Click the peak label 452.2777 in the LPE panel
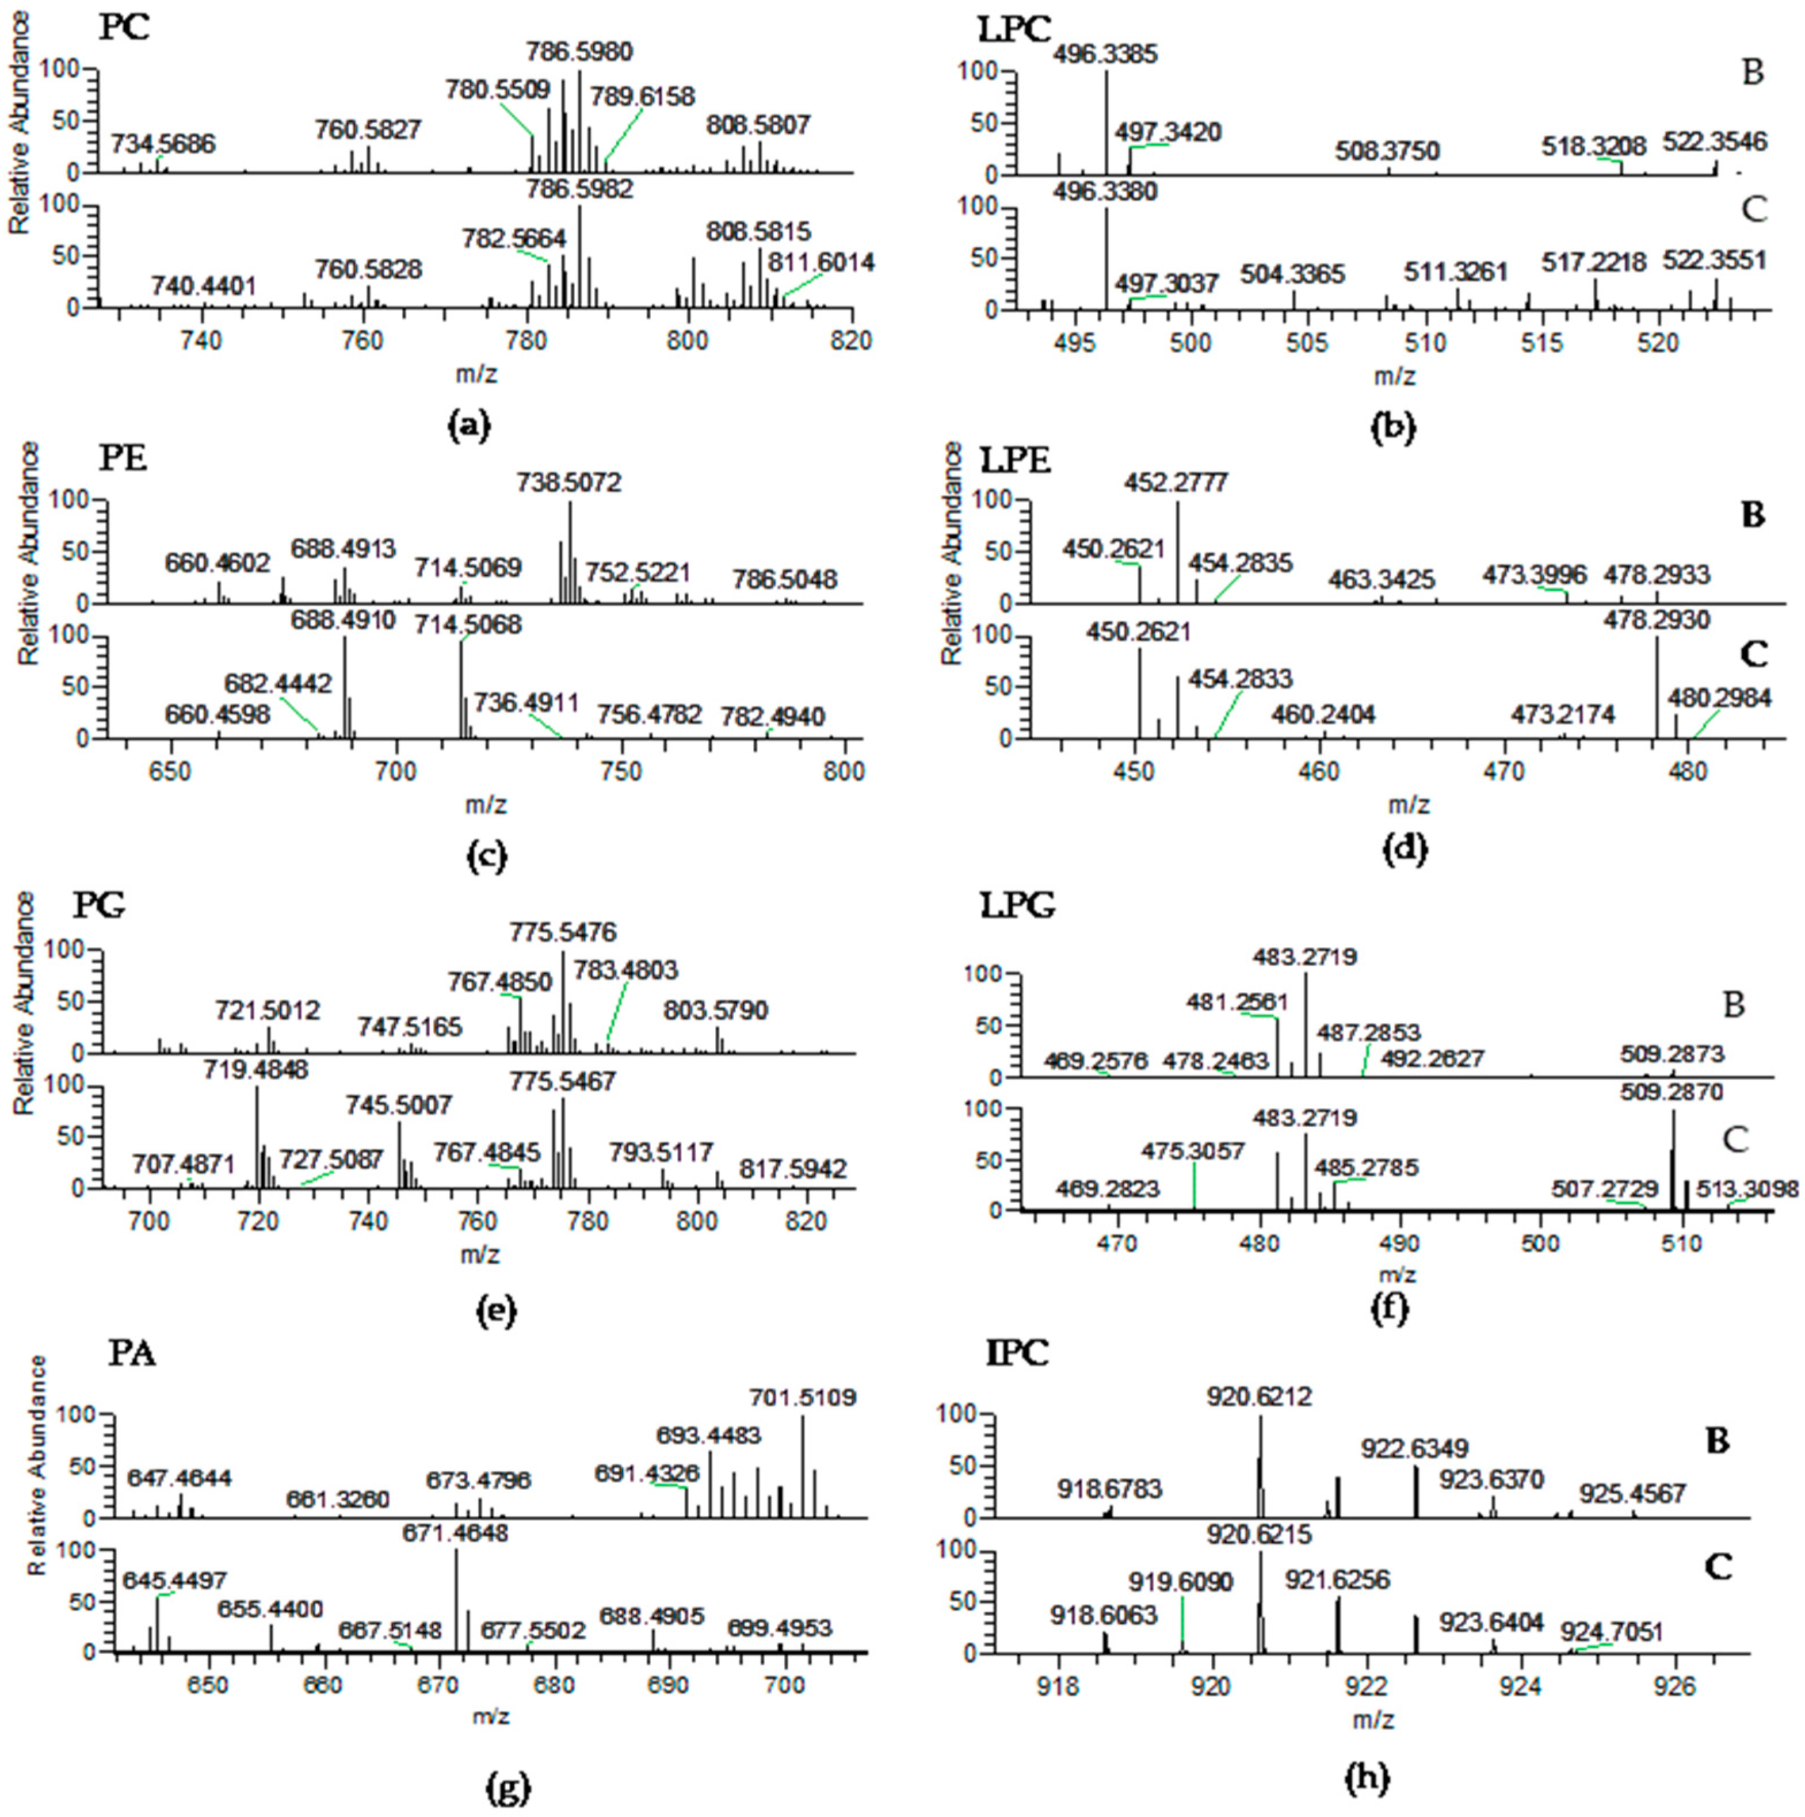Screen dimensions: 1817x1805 click(x=1176, y=483)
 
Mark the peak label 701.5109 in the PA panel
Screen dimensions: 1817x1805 click(x=802, y=1398)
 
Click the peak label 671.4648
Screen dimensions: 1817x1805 click(x=455, y=1533)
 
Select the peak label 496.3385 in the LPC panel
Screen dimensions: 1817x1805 click(x=1105, y=53)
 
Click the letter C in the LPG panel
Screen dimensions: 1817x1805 click(x=1734, y=1140)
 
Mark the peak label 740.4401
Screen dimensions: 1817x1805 click(x=204, y=285)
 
